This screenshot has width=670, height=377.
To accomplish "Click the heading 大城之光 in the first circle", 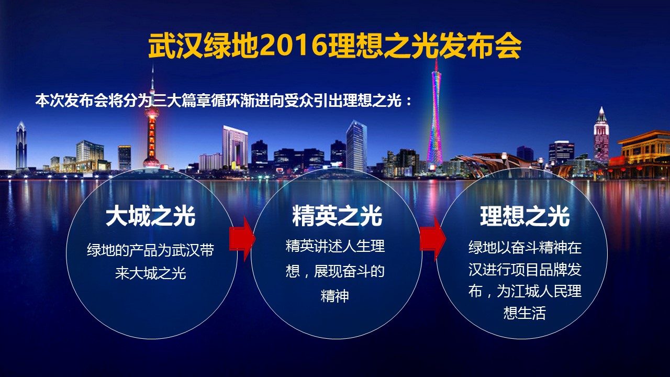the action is click(x=150, y=216).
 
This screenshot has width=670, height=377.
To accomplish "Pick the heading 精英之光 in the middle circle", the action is click(x=337, y=216).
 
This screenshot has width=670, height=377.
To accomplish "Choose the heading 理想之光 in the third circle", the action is click(x=525, y=216).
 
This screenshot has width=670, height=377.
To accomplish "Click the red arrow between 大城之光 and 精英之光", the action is click(x=242, y=239).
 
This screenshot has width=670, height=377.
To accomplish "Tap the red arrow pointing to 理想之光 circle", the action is click(x=433, y=239).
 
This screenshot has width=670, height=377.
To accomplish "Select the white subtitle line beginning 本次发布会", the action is click(x=224, y=101).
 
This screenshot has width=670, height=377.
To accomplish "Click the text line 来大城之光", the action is click(x=150, y=273).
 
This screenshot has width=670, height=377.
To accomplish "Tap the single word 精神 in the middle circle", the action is click(x=334, y=296).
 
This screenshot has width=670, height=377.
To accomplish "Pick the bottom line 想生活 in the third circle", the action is click(x=524, y=313).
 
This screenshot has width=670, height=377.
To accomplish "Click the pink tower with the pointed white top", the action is click(x=601, y=136).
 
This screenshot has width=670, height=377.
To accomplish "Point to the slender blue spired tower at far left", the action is click(x=21, y=146).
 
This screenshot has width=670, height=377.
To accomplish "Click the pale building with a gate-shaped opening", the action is click(x=235, y=147).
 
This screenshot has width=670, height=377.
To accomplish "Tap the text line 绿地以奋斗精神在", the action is click(x=525, y=248).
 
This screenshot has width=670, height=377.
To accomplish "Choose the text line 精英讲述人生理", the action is click(x=335, y=246).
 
